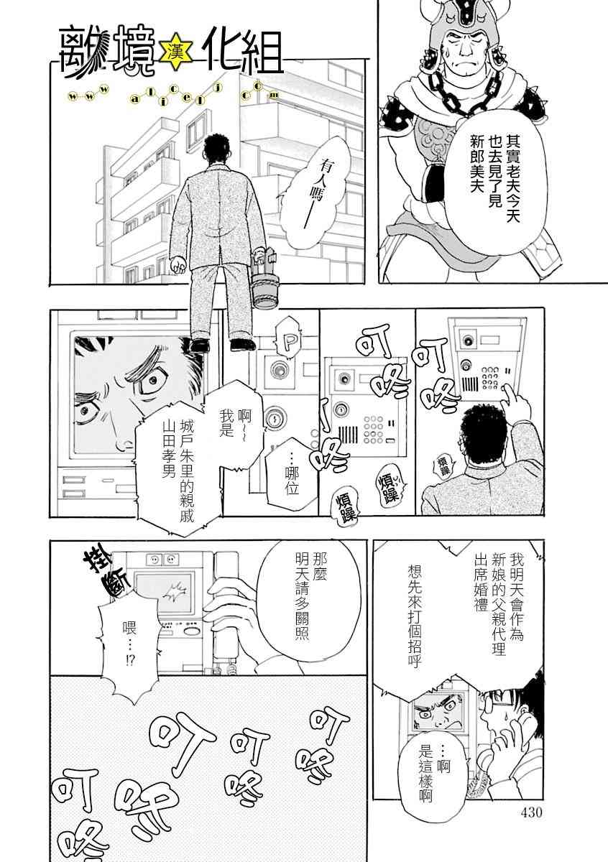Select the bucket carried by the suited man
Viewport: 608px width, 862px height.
pos(263,277)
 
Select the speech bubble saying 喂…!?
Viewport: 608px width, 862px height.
pos(129,644)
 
